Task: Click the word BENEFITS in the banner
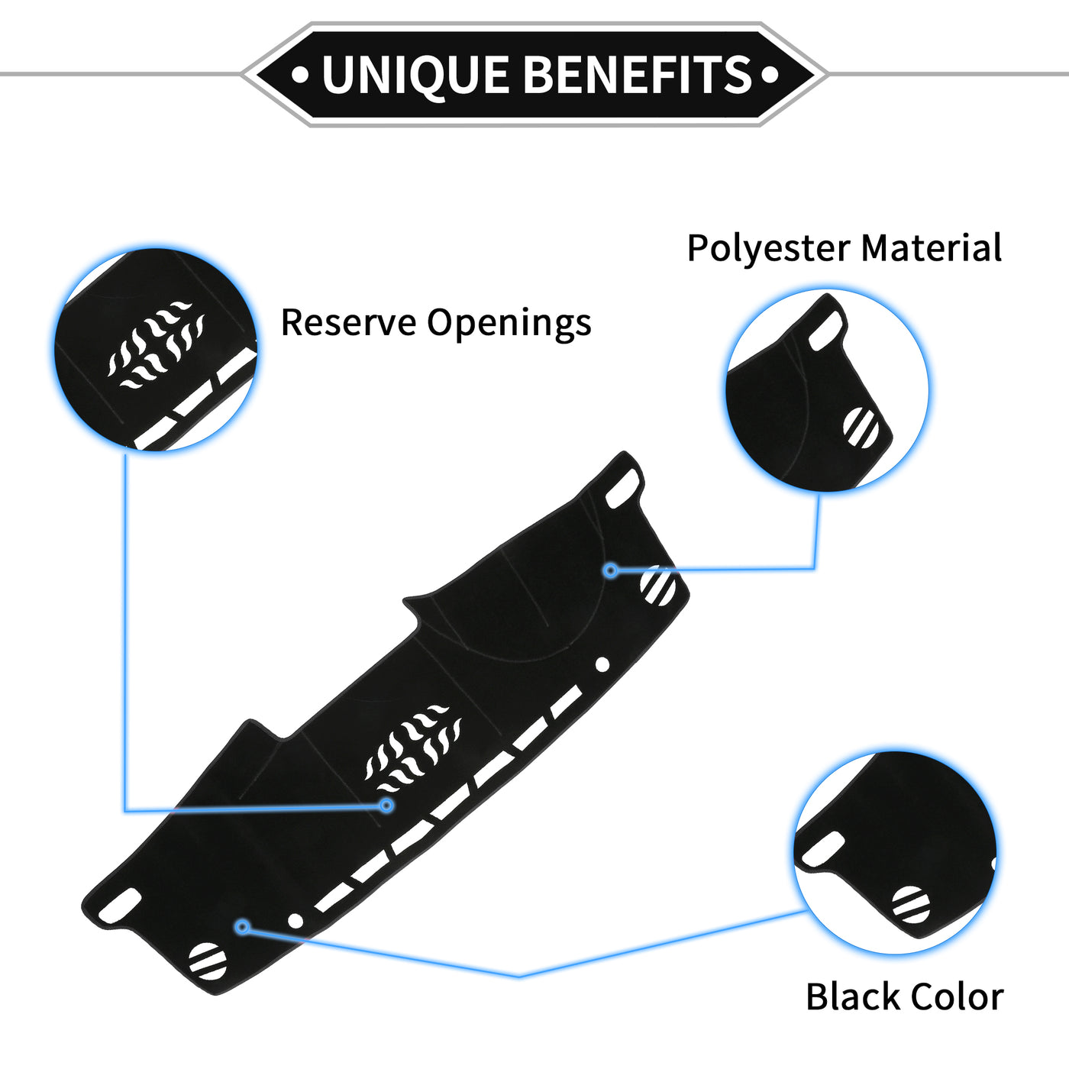click(639, 75)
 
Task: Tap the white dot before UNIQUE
click(301, 75)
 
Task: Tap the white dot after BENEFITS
click(770, 75)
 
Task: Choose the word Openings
click(509, 324)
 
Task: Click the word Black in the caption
click(851, 997)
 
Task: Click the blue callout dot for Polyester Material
click(611, 570)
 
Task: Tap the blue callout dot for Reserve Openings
click(387, 805)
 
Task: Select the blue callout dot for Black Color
click(243, 927)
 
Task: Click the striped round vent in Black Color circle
click(911, 905)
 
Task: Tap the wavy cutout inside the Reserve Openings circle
click(157, 344)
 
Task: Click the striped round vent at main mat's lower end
click(208, 961)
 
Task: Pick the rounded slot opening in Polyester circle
click(825, 332)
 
